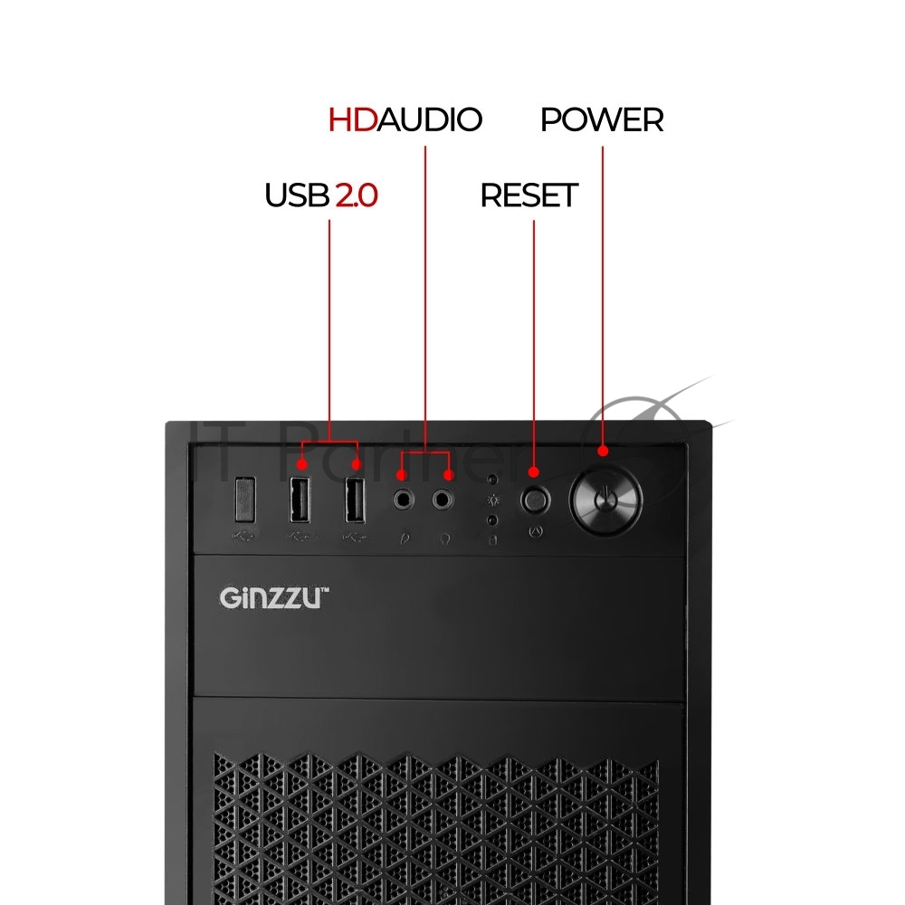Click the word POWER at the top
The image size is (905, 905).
click(x=602, y=119)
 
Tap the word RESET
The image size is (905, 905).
click(x=529, y=195)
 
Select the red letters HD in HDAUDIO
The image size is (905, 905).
click(x=353, y=119)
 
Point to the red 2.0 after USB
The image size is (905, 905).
click(x=357, y=195)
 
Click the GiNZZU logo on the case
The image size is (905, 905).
click(x=274, y=597)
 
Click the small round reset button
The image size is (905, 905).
click(x=535, y=500)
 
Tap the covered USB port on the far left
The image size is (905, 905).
click(x=245, y=500)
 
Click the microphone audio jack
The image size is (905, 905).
click(x=404, y=500)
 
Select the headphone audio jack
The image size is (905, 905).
click(x=443, y=500)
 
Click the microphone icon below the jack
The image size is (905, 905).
click(x=405, y=538)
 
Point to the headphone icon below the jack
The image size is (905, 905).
click(x=444, y=539)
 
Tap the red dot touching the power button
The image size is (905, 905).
click(x=603, y=451)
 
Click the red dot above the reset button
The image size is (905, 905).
click(x=534, y=472)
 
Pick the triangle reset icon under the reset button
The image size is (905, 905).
click(x=536, y=531)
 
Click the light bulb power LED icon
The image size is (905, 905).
click(x=493, y=500)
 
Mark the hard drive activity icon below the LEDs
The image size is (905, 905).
click(x=493, y=540)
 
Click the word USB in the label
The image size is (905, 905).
click(x=297, y=195)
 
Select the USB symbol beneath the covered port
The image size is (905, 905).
click(x=243, y=537)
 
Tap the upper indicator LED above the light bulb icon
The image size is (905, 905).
click(x=492, y=480)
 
